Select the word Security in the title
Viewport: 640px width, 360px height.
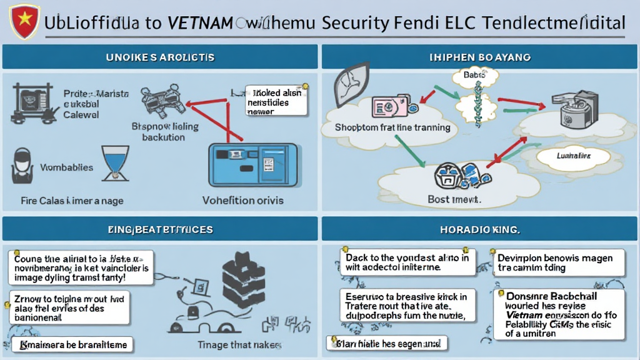coord(361,24)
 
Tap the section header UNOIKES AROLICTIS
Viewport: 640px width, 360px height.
coord(159,57)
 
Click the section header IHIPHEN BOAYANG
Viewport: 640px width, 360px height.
coord(480,57)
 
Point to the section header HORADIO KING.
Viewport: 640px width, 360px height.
coord(480,229)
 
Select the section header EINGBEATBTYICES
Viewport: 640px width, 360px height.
coord(159,229)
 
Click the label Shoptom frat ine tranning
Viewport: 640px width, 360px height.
coord(392,127)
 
